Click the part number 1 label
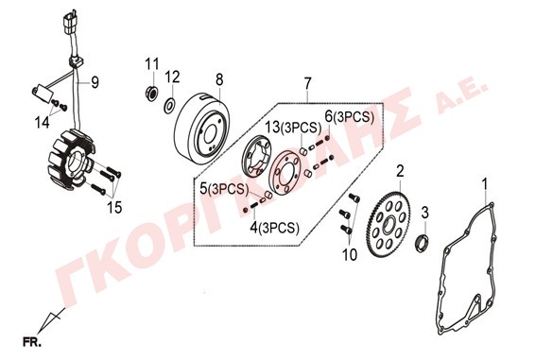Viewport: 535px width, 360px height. (485, 183)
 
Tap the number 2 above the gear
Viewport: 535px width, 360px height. (400, 171)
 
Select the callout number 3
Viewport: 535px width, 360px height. (424, 213)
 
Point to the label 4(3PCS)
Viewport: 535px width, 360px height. (275, 228)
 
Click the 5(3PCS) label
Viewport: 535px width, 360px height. (224, 189)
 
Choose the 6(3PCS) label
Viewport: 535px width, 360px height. (349, 117)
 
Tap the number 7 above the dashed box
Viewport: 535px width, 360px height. (307, 83)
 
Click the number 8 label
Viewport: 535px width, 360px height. (219, 79)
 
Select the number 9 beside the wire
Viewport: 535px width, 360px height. (95, 82)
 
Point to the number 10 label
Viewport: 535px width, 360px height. (350, 255)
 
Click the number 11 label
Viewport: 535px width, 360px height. (152, 64)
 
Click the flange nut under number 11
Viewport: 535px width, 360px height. (151, 93)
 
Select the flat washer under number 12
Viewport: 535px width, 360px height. (169, 106)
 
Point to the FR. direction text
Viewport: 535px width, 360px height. (32, 342)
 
